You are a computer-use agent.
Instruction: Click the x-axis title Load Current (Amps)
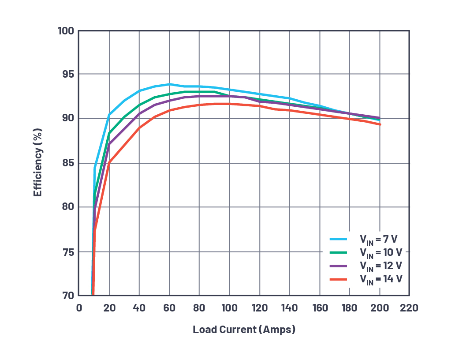[244, 330]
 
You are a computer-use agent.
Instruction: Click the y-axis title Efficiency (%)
[38, 163]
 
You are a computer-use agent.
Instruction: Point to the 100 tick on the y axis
[66, 31]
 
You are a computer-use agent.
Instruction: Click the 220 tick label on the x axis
[409, 307]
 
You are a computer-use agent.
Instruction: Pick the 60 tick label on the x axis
[169, 307]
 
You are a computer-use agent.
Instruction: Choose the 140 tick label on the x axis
[289, 307]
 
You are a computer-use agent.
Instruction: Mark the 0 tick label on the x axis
[79, 307]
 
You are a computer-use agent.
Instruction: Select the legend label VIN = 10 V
[380, 253]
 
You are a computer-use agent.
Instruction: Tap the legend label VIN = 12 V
[380, 266]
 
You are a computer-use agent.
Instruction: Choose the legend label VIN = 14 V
[380, 279]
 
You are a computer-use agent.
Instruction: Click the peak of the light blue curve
[169, 84]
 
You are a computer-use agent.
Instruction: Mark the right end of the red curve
[380, 124]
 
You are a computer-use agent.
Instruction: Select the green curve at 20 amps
[109, 133]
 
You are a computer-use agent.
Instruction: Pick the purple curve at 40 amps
[139, 114]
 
